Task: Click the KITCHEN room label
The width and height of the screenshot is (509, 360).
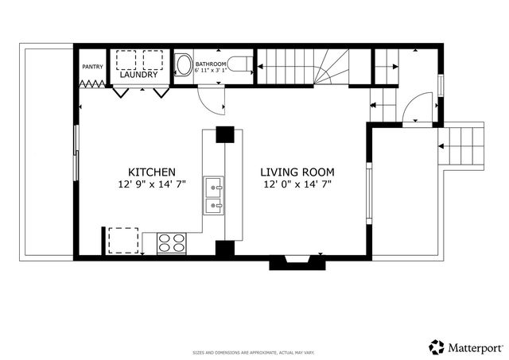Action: click(152, 172)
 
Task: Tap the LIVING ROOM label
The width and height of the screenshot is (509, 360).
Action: click(298, 172)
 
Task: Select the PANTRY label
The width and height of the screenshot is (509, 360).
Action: click(92, 66)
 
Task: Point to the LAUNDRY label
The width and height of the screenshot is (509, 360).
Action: click(139, 75)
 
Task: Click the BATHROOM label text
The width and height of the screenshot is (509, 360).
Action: click(212, 64)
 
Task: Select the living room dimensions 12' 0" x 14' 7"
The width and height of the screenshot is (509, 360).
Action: click(298, 184)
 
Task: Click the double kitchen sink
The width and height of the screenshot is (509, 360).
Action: click(214, 197)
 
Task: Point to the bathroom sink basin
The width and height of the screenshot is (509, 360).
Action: click(184, 64)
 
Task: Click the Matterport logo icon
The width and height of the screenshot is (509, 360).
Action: click(437, 346)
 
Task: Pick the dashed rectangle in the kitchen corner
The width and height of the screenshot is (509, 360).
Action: click(122, 240)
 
